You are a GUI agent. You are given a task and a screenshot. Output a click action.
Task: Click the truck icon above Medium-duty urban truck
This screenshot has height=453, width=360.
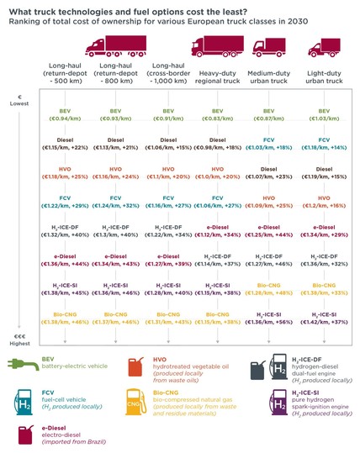tap(263, 51)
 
